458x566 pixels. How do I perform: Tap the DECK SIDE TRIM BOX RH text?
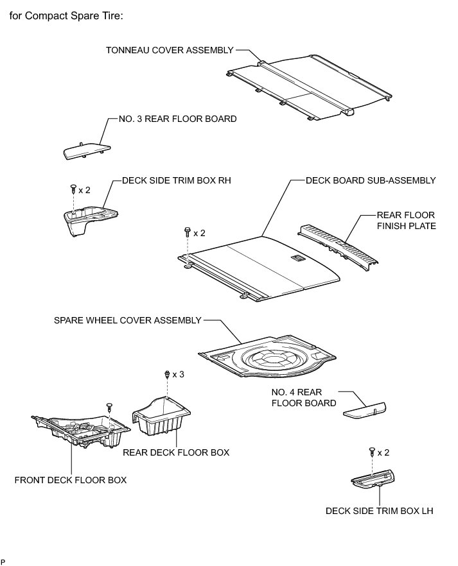tap(176, 181)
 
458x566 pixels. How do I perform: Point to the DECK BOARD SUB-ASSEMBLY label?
tap(371, 181)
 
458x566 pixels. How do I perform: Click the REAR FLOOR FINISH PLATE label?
tap(405, 220)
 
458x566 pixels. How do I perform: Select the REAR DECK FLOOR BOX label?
tap(176, 452)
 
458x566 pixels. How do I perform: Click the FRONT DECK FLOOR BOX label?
tap(71, 479)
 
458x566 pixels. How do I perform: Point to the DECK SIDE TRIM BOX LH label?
tap(380, 511)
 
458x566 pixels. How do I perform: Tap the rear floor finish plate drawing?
tap(338, 243)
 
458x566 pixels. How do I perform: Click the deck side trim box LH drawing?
tap(374, 477)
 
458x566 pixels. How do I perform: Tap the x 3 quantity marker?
tap(179, 373)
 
